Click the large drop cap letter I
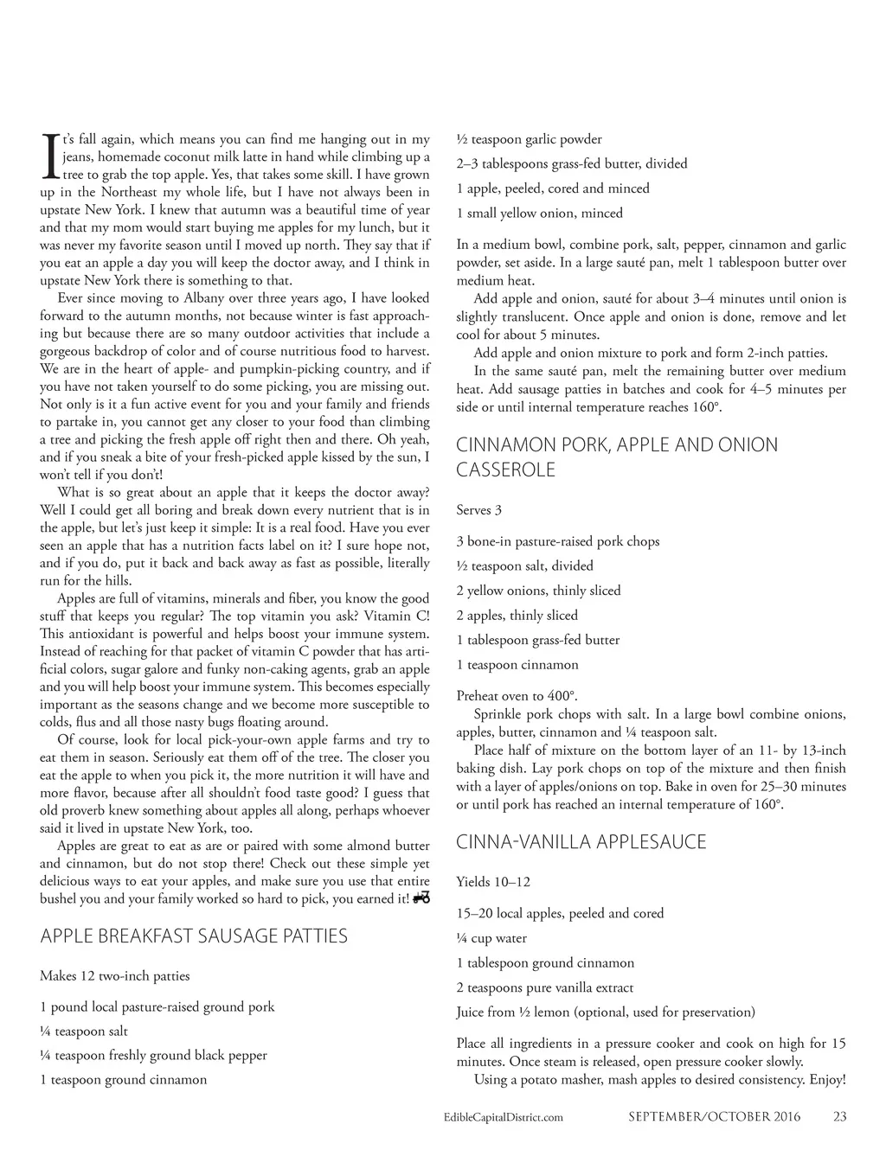pos(49,157)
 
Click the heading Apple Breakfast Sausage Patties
pos(194,936)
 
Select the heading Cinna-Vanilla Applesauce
pos(581,841)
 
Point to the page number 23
pos(839,1116)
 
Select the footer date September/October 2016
pos(714,1116)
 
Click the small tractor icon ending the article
pos(422,898)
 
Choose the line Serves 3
pos(478,510)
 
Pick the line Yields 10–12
pos(493,882)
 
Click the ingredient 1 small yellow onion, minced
pos(539,213)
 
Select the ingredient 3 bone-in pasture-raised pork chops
pos(557,541)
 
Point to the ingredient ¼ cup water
pos(491,938)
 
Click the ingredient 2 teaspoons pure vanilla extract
pos(544,987)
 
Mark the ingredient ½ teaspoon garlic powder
pos(529,139)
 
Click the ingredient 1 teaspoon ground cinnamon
pos(123,1079)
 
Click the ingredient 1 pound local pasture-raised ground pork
pos(157,1006)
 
